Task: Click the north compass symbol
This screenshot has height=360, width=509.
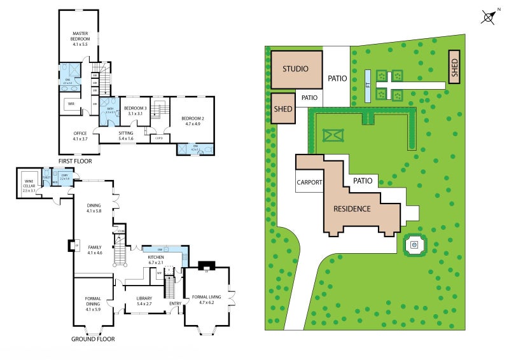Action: click(489, 17)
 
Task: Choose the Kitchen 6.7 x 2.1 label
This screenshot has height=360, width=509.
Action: click(157, 259)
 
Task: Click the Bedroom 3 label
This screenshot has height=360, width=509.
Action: click(135, 111)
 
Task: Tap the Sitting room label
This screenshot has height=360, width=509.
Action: click(126, 135)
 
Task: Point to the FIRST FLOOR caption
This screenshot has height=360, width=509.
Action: click(75, 162)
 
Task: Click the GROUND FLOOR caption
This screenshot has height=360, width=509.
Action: click(93, 339)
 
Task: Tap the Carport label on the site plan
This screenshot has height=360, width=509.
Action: click(310, 183)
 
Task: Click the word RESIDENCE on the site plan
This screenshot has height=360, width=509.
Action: click(352, 209)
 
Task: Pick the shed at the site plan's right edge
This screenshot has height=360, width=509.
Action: click(454, 67)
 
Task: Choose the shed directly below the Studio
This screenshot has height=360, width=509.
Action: click(283, 108)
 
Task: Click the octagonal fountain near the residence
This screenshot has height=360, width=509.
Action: click(415, 244)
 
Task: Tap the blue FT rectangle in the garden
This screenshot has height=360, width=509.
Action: click(368, 85)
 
